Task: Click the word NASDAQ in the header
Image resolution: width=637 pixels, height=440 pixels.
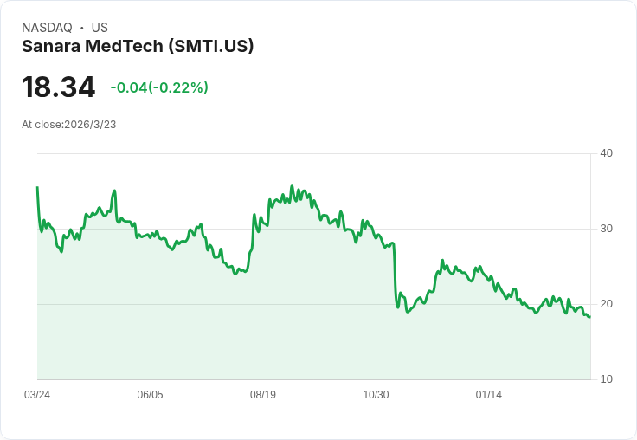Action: (x=47, y=28)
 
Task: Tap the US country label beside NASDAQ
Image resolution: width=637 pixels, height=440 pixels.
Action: (x=100, y=28)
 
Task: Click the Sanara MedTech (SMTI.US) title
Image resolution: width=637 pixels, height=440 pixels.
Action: (x=138, y=46)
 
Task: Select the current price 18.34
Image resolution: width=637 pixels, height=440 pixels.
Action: (x=58, y=87)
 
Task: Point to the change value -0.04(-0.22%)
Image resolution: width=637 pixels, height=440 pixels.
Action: (x=159, y=87)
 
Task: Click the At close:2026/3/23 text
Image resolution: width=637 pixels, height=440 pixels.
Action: (x=69, y=125)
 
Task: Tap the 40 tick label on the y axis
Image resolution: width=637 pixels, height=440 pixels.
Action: (x=606, y=153)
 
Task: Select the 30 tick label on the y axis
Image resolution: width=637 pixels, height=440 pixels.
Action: (x=606, y=229)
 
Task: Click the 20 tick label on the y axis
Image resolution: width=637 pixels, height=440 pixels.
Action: (x=606, y=304)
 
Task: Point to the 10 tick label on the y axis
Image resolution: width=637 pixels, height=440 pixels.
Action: (x=606, y=379)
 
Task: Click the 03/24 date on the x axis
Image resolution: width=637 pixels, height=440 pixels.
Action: (x=37, y=395)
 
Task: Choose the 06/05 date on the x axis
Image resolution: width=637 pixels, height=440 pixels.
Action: (x=150, y=395)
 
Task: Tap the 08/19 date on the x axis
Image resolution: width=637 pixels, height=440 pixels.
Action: (x=263, y=395)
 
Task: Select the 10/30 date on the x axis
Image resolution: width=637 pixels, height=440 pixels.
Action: (x=376, y=395)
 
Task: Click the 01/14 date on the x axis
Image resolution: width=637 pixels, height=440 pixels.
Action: (x=489, y=395)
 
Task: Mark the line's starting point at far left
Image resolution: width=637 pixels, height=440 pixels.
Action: (x=37, y=187)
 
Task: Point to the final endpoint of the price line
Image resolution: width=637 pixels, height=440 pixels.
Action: (x=589, y=317)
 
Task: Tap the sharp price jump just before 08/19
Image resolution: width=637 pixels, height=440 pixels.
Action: (x=252, y=234)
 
